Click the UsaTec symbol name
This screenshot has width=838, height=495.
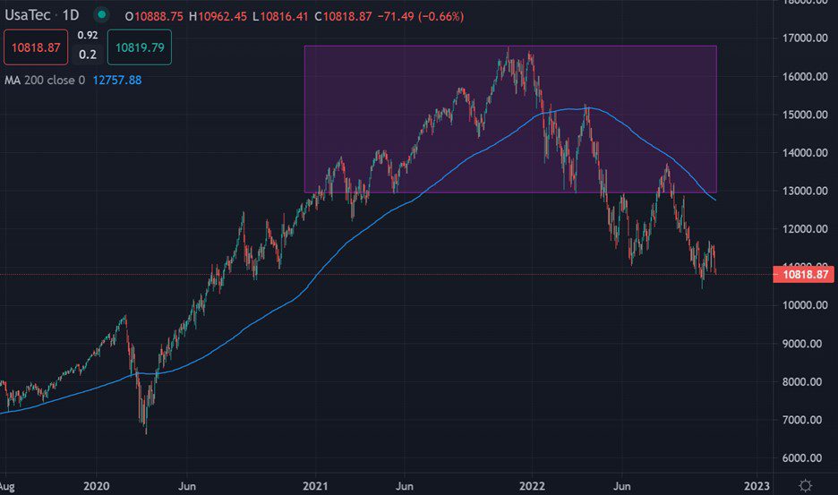[30, 15]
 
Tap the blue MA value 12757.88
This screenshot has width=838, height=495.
[116, 80]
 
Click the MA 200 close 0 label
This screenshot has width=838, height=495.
[45, 80]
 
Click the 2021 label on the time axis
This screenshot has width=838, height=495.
[314, 485]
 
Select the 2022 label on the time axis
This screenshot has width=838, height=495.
[533, 485]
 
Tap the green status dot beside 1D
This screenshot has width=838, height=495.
[101, 15]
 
